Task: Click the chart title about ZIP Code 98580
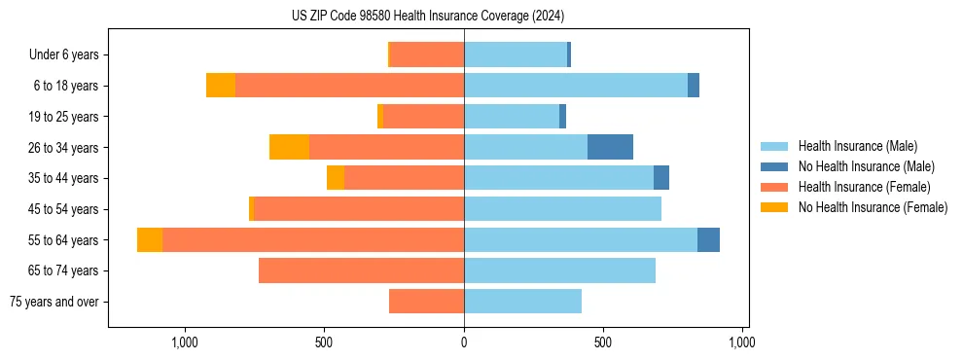[428, 16]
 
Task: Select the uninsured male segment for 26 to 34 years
[610, 147]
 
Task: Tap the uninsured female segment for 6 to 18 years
[221, 86]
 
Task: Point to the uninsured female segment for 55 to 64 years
[150, 239]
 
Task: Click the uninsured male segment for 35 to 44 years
[661, 178]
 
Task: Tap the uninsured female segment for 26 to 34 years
[289, 147]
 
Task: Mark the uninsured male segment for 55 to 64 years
[708, 239]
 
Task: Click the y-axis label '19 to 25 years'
[63, 117]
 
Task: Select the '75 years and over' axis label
[54, 302]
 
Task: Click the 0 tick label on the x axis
[464, 343]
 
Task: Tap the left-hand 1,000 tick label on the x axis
[184, 343]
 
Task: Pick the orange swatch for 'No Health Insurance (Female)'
[774, 207]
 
